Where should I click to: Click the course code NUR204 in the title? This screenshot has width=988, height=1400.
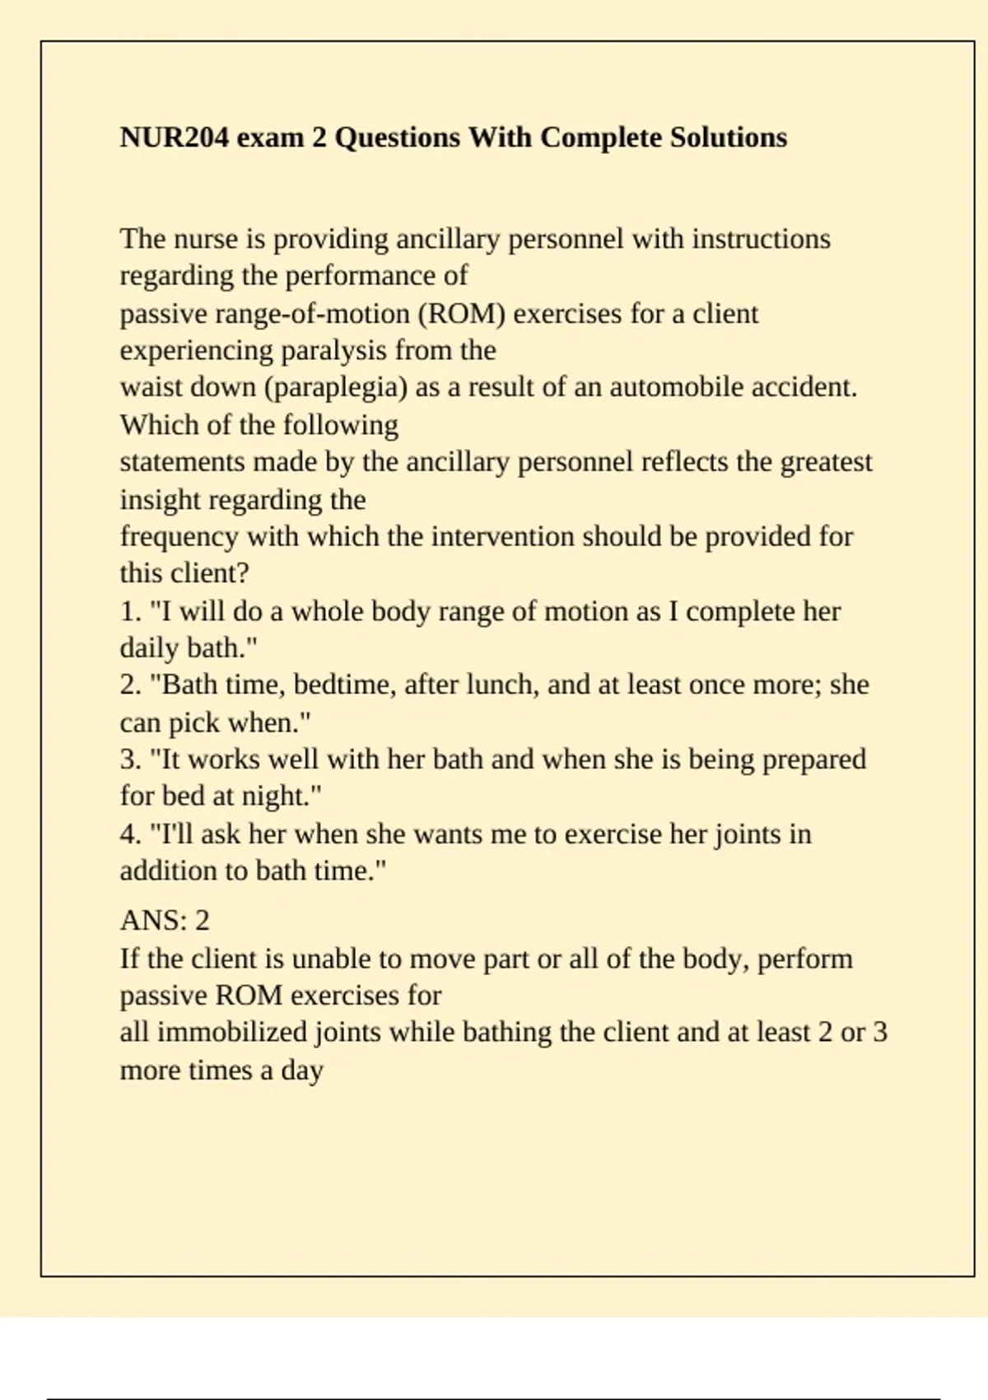(174, 137)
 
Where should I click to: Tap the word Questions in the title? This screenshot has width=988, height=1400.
(397, 137)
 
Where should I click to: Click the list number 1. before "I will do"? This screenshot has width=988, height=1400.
(130, 612)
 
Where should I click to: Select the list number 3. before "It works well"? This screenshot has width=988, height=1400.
(130, 759)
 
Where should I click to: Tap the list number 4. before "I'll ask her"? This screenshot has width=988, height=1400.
(130, 834)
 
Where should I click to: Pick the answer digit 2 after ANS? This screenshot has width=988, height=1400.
(202, 921)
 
